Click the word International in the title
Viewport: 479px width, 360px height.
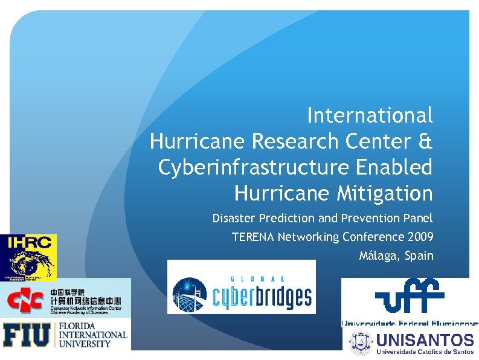(370, 114)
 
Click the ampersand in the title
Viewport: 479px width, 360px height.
(425, 141)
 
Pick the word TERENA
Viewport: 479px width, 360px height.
(254, 237)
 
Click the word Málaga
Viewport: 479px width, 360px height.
(379, 256)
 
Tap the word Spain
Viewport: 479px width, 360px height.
(420, 256)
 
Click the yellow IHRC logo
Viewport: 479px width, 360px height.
(28, 257)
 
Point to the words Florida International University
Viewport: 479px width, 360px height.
(92, 335)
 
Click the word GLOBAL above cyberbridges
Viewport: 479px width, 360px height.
(259, 278)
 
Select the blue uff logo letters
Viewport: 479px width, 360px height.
(410, 295)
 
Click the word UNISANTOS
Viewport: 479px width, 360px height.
(425, 339)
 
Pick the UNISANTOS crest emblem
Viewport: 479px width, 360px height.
(361, 342)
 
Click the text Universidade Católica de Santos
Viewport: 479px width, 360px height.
(425, 351)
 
